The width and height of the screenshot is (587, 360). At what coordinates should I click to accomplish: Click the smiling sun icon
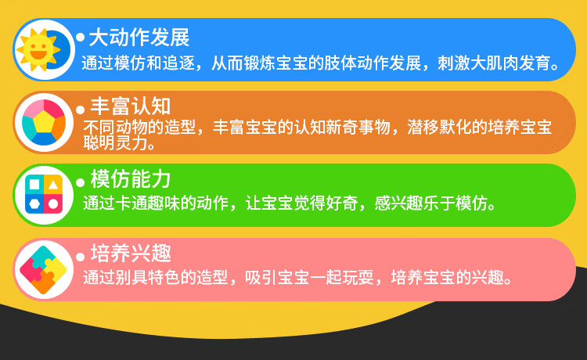38,49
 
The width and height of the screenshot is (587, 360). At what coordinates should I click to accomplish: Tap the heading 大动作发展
139,38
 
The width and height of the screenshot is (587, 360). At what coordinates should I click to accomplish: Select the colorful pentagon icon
44,122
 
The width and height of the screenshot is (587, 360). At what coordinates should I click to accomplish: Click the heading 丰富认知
130,106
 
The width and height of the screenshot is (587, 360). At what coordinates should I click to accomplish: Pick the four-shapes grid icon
44,195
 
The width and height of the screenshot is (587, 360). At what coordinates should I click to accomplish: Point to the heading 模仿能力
130,179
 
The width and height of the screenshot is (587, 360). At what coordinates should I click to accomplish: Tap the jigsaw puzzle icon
43,269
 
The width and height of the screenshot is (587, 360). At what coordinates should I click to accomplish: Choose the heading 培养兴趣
131,254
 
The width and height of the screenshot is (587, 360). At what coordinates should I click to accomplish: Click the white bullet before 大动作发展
80,38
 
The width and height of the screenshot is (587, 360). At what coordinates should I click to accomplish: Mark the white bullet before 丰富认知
80,110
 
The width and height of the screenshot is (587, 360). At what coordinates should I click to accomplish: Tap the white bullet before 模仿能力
80,182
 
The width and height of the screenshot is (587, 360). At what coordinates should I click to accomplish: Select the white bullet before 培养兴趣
80,257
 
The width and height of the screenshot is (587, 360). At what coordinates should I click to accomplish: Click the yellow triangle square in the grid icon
53,185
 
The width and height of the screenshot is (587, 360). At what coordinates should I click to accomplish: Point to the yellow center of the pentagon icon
44,121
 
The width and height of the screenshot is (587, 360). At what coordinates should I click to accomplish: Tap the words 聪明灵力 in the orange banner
115,142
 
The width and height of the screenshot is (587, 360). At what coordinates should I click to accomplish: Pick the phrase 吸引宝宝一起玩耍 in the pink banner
310,278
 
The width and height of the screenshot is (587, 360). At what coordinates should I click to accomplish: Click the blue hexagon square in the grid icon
34,204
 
